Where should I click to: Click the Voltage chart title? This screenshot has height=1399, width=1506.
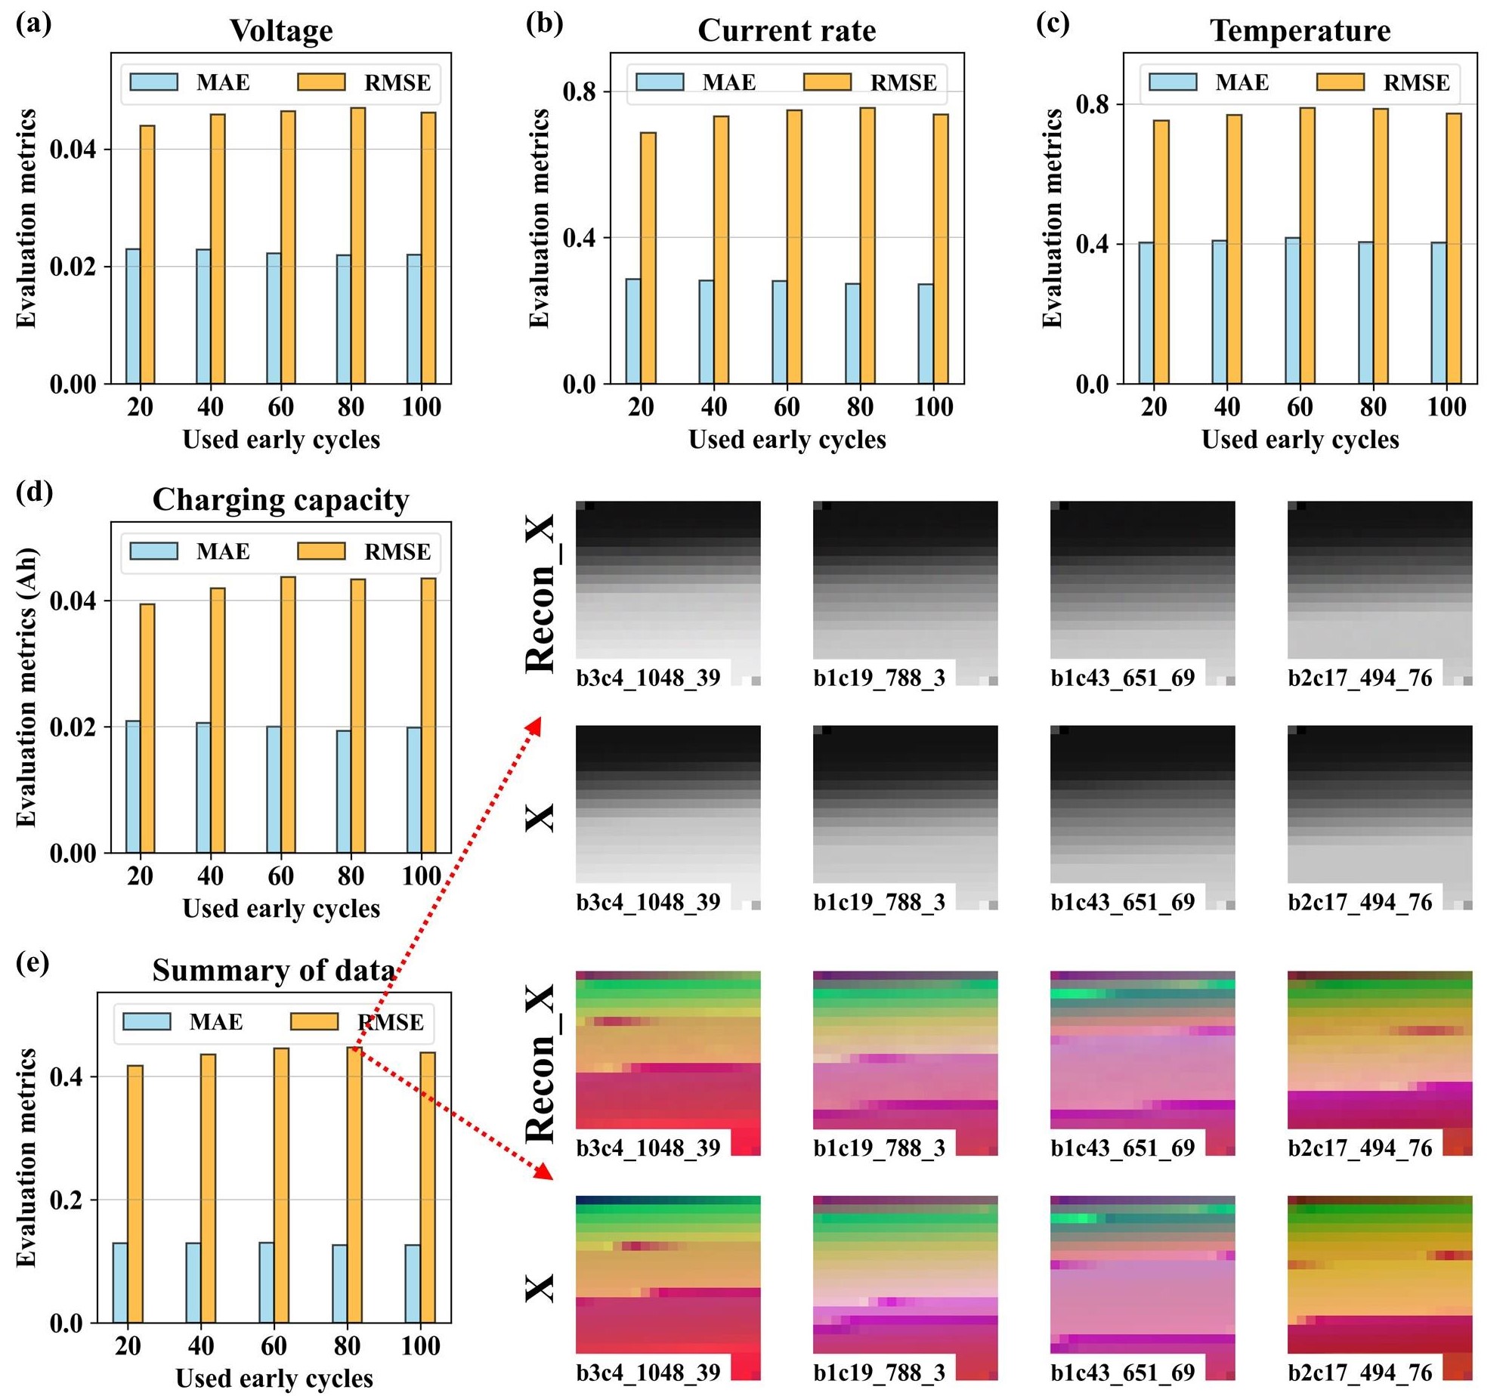(281, 31)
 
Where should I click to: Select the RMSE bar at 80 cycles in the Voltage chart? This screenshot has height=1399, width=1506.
(358, 246)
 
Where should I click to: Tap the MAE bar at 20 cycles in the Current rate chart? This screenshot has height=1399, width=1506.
(633, 331)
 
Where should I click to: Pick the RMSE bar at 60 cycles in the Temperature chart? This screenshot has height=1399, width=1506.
(1307, 246)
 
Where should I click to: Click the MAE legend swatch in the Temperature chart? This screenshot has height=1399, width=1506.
(1172, 82)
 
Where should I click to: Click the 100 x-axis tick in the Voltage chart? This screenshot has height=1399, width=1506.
(422, 407)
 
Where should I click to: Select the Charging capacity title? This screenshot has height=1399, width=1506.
(281, 499)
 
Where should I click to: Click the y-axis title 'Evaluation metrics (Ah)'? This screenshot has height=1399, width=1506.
(26, 687)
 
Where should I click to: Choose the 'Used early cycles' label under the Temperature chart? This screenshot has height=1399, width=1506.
(1300, 440)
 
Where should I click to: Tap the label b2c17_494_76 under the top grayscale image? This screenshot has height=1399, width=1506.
(1360, 678)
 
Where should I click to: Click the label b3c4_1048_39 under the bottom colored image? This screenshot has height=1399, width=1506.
(648, 1372)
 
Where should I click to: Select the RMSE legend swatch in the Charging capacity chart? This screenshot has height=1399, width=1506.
(321, 551)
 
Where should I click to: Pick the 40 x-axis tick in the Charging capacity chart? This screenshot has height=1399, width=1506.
(211, 877)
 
